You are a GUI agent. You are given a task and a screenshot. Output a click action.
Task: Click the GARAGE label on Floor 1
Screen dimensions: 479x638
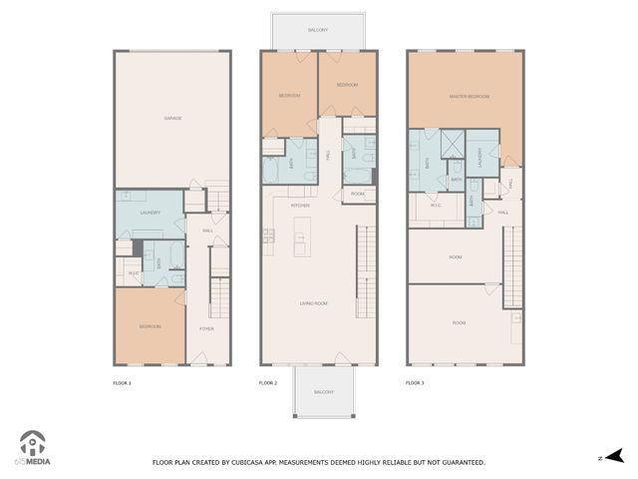[x=172, y=118]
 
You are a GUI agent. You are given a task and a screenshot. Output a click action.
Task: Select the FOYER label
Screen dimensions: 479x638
[x=206, y=328]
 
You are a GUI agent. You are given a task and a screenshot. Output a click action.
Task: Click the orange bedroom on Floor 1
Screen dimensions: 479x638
[x=149, y=326]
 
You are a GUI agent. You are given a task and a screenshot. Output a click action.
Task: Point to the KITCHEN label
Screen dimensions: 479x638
[x=300, y=206]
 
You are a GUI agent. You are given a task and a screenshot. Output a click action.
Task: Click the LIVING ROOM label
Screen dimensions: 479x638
[x=317, y=302]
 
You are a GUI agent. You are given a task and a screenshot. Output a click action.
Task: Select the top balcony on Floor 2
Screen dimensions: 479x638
[x=318, y=31]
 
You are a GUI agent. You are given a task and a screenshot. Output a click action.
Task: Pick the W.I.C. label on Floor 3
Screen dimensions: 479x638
[x=436, y=207]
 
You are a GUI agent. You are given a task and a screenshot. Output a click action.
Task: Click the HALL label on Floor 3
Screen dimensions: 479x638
[x=503, y=212]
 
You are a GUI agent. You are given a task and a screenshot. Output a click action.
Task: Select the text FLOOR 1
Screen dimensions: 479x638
[x=122, y=382]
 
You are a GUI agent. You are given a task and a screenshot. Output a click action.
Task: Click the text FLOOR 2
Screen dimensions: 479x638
[x=267, y=382]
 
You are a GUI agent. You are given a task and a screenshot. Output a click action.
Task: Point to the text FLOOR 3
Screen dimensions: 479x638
[x=415, y=382]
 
